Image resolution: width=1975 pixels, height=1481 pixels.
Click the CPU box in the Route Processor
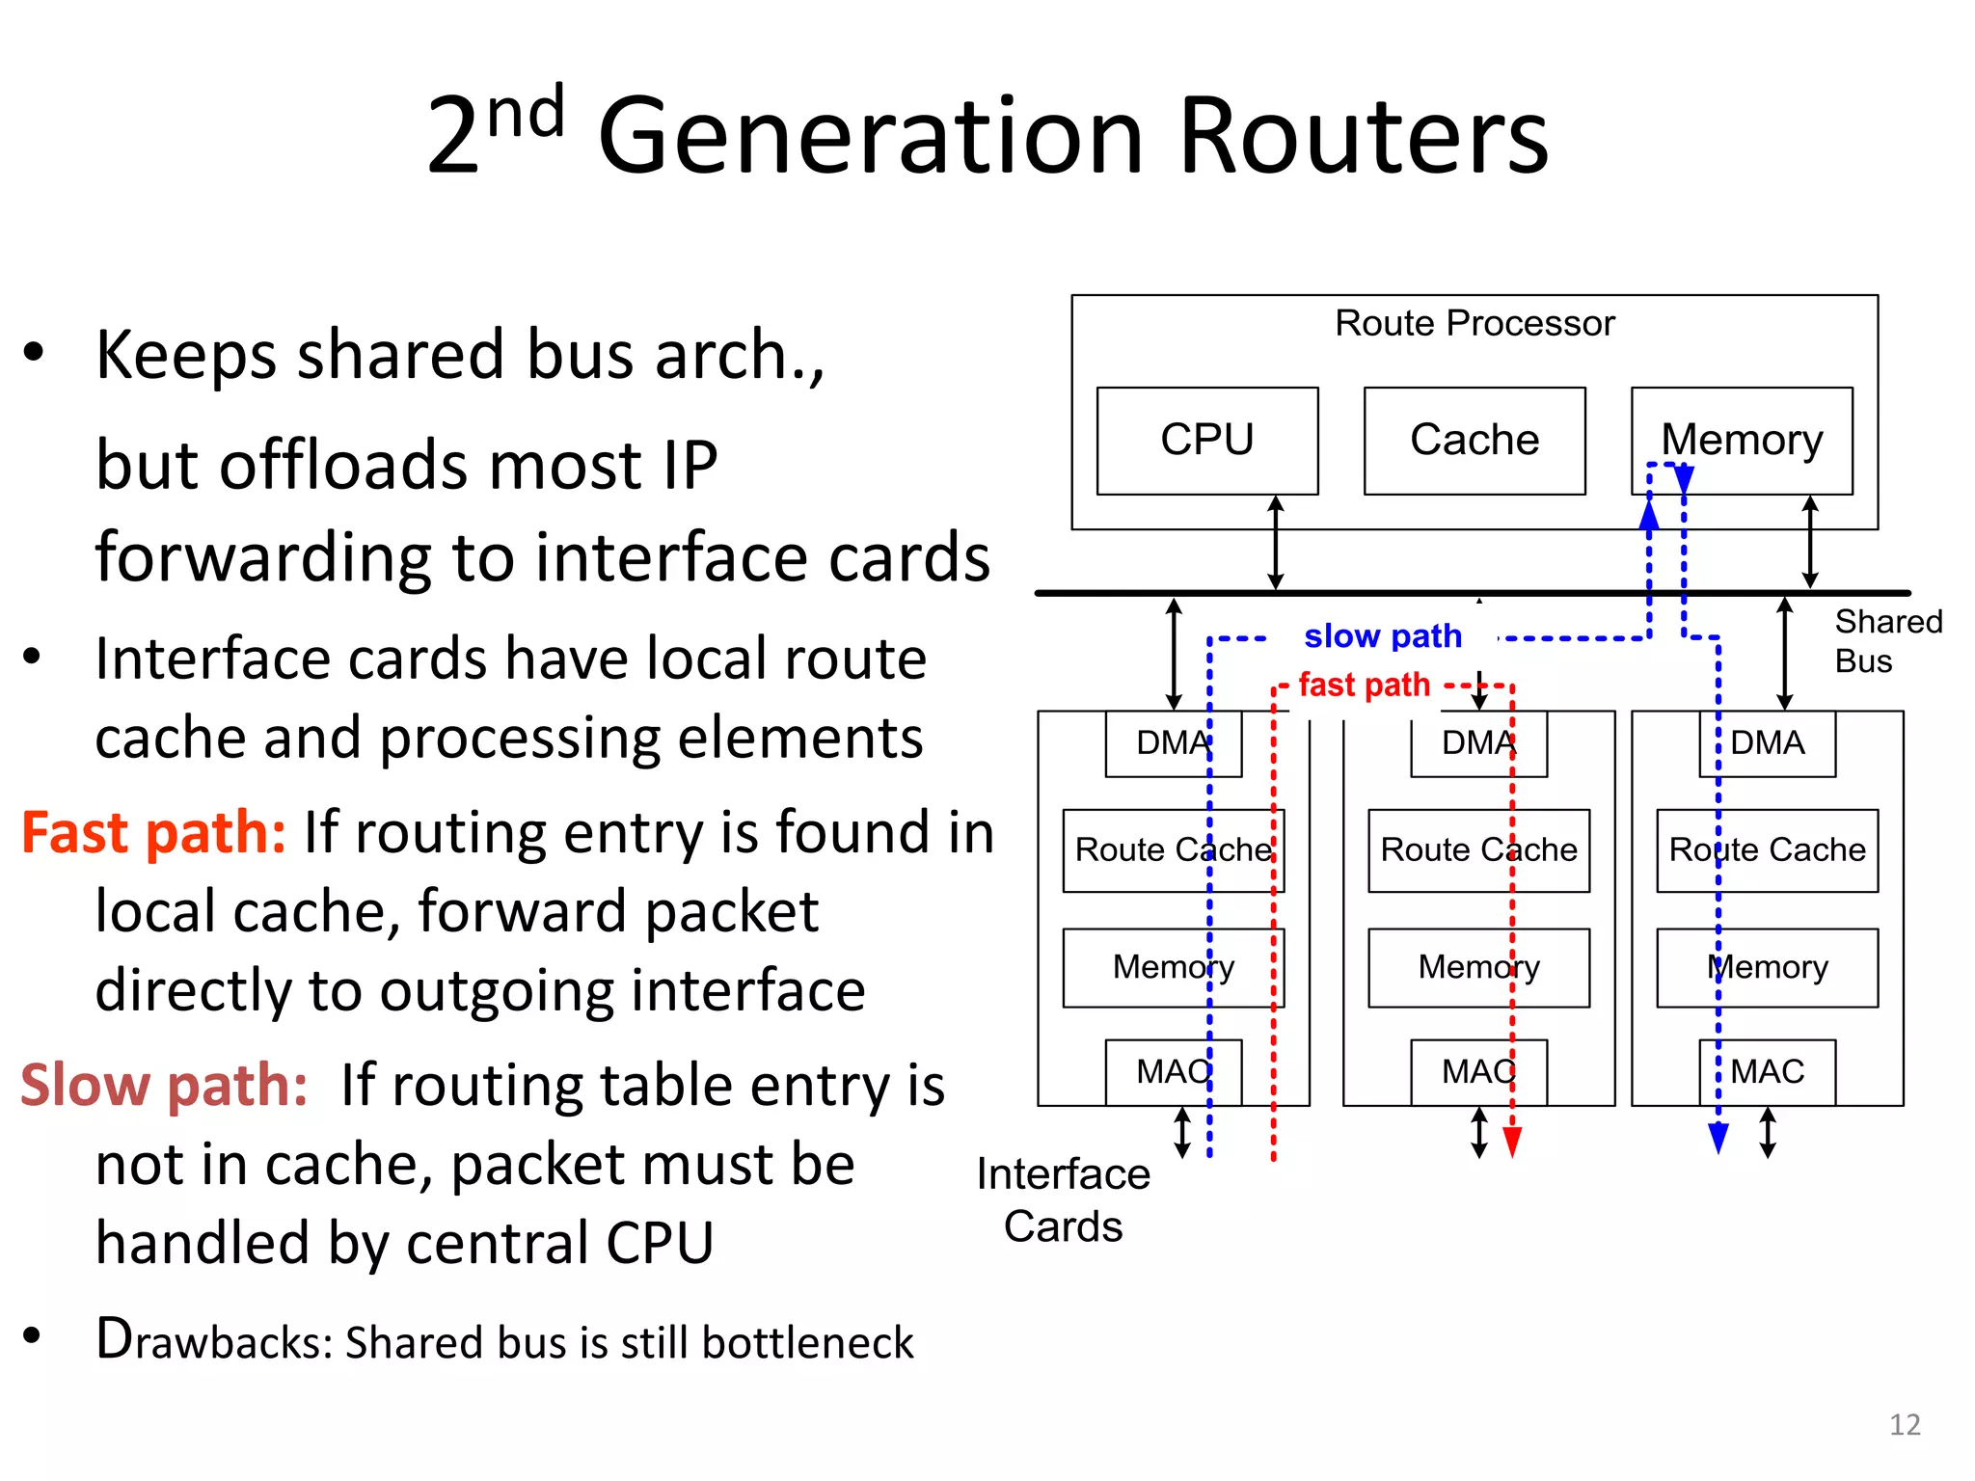(1206, 441)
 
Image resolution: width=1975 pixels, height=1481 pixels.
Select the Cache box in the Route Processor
(1474, 441)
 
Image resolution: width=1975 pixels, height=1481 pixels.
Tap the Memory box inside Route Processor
(1741, 441)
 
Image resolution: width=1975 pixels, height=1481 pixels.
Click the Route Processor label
(1474, 323)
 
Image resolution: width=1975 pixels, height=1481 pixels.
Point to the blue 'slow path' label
(1382, 636)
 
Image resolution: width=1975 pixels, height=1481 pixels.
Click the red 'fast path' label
(1364, 685)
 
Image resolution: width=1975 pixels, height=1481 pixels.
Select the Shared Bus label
(1886, 641)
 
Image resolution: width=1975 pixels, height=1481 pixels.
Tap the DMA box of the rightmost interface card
(1767, 743)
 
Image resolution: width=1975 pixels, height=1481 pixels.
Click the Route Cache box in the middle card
(1478, 850)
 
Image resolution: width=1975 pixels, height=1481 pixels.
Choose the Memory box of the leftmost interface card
(1173, 967)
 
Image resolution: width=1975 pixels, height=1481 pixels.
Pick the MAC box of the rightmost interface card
(1767, 1071)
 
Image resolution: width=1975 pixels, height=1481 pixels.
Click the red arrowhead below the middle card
(1512, 1142)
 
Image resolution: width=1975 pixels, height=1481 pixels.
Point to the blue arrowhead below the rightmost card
(1718, 1139)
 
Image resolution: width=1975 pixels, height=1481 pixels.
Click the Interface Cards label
(1063, 1200)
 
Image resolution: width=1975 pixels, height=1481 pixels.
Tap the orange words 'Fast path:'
(153, 833)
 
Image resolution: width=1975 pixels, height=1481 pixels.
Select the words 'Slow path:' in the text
(164, 1086)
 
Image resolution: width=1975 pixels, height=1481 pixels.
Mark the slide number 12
(1904, 1425)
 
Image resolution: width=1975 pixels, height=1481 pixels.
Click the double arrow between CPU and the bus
(1275, 543)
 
